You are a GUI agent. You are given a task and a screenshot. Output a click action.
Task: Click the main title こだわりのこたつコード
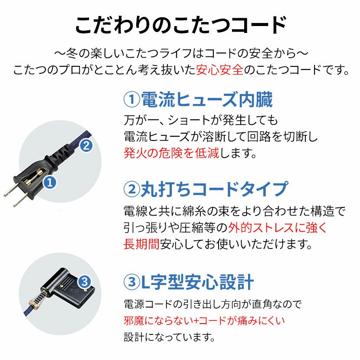click(181, 25)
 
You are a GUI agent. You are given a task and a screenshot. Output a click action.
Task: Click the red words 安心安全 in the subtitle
click(220, 70)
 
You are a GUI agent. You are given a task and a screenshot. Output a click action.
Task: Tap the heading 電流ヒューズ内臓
click(207, 99)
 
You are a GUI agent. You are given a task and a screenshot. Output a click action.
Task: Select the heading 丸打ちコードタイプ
click(214, 190)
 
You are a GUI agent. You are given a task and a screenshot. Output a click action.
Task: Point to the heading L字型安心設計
click(197, 282)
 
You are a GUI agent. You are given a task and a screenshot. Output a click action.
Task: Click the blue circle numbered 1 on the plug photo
click(50, 183)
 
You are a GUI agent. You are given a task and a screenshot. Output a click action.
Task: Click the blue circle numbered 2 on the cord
click(86, 146)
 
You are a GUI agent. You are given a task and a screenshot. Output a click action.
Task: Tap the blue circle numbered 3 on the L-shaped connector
click(85, 281)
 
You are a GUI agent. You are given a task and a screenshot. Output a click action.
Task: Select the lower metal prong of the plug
click(20, 201)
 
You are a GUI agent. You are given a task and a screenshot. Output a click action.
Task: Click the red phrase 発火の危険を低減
click(171, 153)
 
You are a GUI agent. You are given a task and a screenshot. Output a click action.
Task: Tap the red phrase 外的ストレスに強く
click(277, 228)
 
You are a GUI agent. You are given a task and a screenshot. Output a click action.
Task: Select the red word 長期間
click(141, 244)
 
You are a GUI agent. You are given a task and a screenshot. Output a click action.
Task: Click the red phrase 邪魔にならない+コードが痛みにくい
click(204, 321)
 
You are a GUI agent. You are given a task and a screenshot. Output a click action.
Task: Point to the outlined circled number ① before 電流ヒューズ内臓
click(132, 99)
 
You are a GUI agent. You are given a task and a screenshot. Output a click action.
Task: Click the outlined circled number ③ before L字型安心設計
click(132, 282)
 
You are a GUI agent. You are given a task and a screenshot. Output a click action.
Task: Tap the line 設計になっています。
click(170, 337)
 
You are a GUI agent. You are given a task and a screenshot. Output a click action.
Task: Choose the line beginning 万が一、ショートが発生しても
click(201, 120)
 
